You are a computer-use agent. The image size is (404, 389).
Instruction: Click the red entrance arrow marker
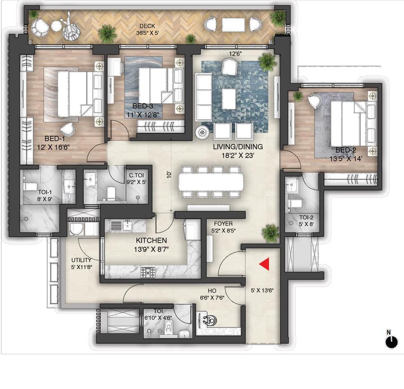[x=264, y=264]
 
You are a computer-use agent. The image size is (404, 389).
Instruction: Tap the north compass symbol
[x=391, y=341]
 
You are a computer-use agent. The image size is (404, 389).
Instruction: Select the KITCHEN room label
[x=151, y=240]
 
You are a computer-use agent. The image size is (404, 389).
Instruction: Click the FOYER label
[x=223, y=222]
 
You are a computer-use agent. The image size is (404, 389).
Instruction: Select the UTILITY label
[x=81, y=260]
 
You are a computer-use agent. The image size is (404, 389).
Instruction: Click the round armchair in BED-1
[x=68, y=129]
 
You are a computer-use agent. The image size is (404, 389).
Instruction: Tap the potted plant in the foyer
[x=271, y=232]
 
